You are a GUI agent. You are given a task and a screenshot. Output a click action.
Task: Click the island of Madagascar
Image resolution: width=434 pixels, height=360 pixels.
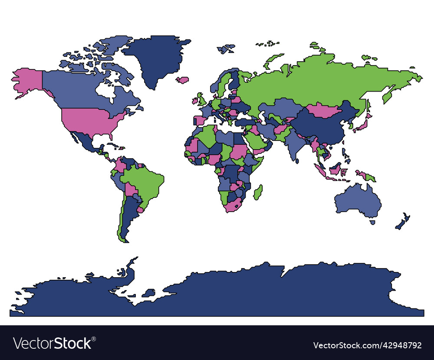[x=258, y=192]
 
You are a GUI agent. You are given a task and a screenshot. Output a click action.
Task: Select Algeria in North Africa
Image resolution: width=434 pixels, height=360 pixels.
[x=207, y=137]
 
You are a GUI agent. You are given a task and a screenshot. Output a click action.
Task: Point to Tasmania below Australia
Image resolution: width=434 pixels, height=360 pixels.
[x=372, y=223]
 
